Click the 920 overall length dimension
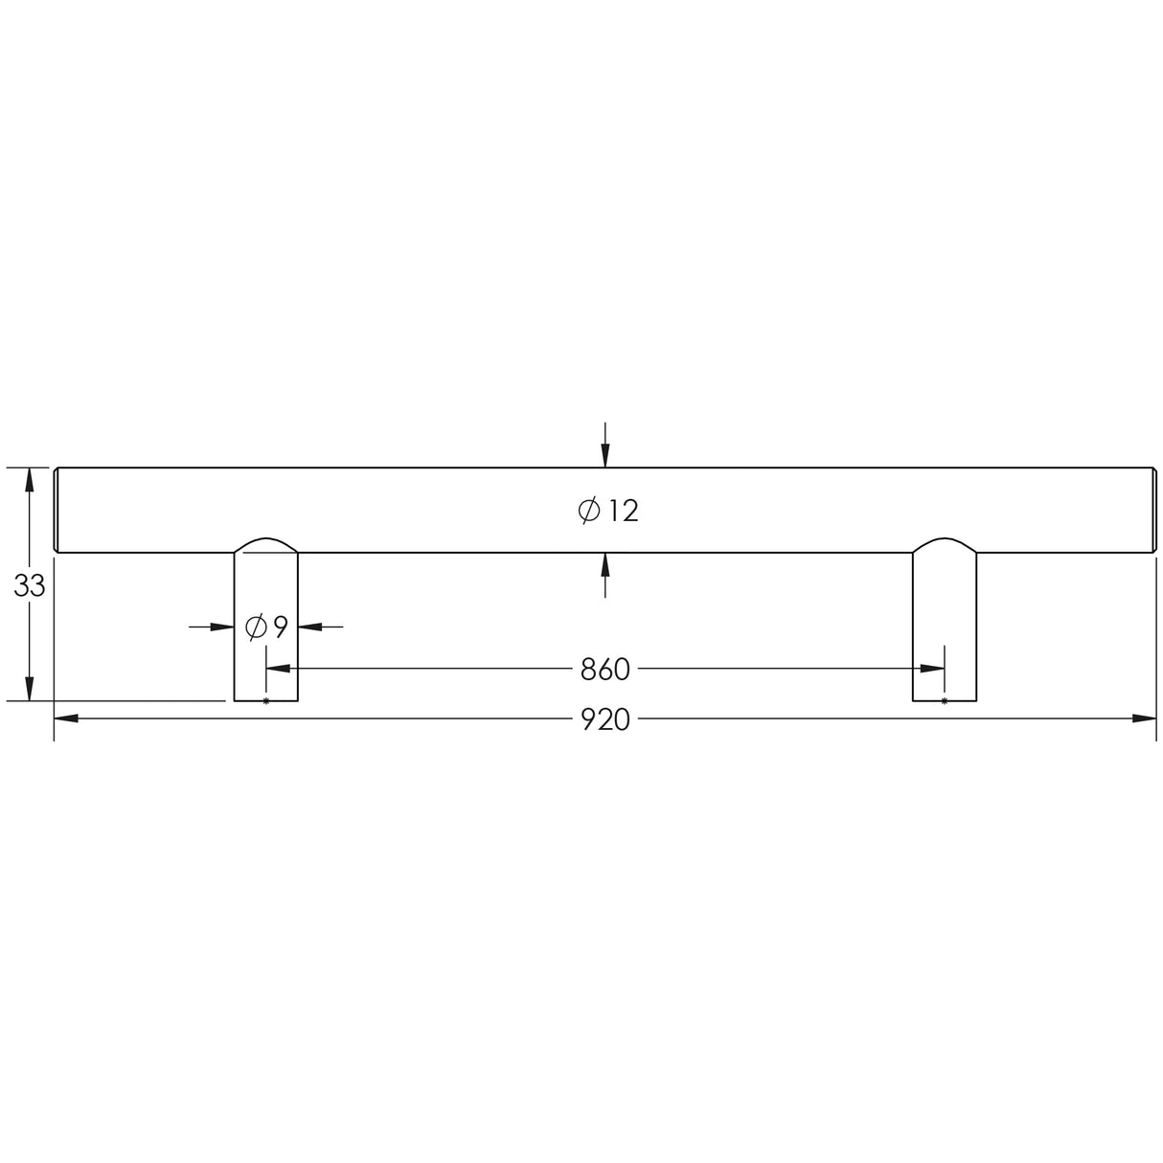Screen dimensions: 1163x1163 [x=605, y=719]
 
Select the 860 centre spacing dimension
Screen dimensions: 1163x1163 [x=605, y=669]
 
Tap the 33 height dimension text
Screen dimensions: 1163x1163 [x=30, y=586]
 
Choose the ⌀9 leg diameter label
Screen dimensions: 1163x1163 [x=266, y=627]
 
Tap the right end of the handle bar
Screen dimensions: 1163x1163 [x=1151, y=510]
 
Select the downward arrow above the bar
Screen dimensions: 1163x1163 [x=604, y=454]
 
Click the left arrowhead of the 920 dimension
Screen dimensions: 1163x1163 [x=65, y=718]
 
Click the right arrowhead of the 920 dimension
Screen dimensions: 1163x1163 [x=1145, y=718]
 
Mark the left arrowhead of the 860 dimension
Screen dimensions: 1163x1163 [x=278, y=669]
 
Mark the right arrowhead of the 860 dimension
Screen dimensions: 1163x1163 [x=932, y=669]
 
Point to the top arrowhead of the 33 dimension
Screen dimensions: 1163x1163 [x=30, y=479]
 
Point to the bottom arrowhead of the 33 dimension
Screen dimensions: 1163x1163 [x=30, y=689]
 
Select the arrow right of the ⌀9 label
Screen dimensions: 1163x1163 [x=310, y=627]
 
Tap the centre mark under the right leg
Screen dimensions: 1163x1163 [x=945, y=702]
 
